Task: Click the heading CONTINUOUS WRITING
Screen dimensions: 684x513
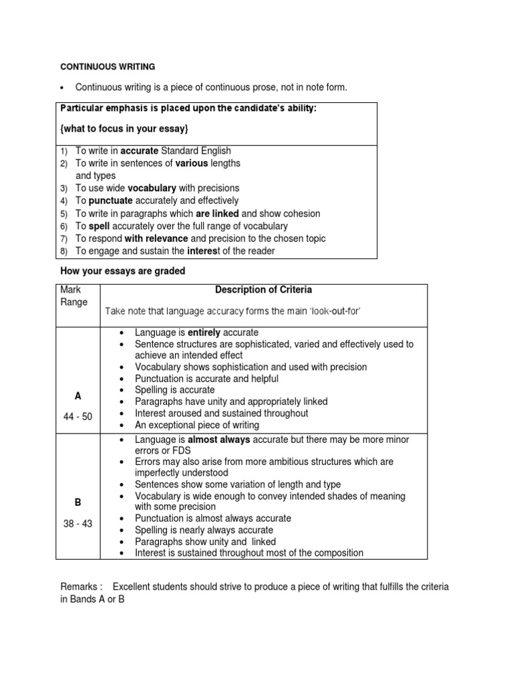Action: point(108,67)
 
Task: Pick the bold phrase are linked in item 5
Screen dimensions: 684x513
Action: point(217,214)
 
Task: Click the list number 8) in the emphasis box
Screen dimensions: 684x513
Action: point(64,252)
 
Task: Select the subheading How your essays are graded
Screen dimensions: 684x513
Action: point(122,271)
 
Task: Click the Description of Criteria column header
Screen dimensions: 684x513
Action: point(263,291)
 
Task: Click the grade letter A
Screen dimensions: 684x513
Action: point(78,396)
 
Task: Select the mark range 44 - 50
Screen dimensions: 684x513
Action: point(78,417)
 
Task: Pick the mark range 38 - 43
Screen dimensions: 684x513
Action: point(78,524)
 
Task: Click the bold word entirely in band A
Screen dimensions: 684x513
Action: point(204,333)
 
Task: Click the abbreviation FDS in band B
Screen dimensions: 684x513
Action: point(181,451)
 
